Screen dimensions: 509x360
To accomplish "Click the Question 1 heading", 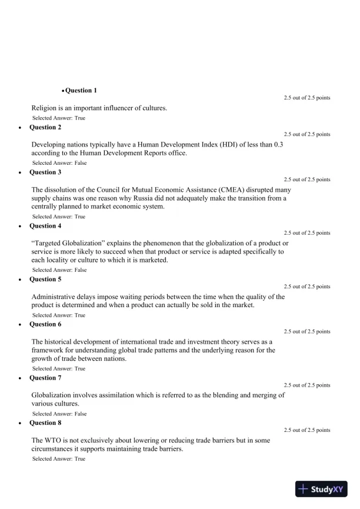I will click(81, 91).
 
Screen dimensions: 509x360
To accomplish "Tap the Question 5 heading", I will click(45, 280).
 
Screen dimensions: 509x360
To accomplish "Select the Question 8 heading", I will click(45, 423).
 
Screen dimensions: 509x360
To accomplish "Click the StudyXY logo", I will click(322, 489).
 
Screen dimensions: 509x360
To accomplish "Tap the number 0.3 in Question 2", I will click(276, 145).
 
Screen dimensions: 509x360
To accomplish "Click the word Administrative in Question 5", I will click(55, 297).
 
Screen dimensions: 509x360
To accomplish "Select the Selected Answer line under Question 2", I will click(59, 163).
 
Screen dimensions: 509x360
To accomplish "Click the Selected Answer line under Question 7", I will click(59, 414).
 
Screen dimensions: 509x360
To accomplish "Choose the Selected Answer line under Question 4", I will click(59, 270).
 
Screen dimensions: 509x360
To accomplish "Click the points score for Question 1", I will click(306, 98).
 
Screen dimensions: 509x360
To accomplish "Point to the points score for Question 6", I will click(306, 331).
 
